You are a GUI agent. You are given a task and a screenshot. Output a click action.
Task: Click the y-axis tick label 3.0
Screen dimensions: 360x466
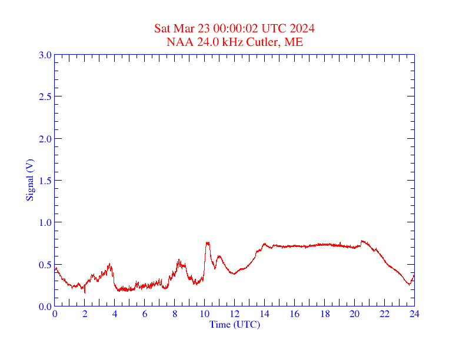click(45, 55)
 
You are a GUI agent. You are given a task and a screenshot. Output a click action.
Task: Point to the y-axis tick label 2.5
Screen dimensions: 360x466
click(45, 96)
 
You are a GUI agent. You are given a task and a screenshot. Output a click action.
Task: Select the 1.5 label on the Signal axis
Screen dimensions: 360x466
click(45, 181)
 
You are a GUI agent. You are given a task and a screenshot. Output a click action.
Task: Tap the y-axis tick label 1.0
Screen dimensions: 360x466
click(45, 222)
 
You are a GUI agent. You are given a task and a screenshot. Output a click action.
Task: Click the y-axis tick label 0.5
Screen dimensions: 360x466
click(45, 265)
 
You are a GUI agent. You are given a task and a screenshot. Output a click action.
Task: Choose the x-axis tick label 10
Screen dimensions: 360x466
click(204, 315)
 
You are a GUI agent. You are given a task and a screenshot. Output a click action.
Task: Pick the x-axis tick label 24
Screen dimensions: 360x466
click(414, 315)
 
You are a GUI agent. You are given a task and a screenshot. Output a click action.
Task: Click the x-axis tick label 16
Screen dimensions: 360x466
click(294, 315)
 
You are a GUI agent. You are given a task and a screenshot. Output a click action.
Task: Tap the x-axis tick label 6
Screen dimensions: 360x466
click(145, 315)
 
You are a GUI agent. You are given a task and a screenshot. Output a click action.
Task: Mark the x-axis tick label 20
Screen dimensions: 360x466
click(354, 315)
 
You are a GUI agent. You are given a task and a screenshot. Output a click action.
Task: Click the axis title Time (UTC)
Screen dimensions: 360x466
click(234, 324)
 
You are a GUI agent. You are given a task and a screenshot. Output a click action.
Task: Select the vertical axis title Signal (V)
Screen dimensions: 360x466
click(30, 179)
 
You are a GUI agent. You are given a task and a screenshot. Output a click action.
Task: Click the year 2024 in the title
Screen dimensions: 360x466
click(302, 28)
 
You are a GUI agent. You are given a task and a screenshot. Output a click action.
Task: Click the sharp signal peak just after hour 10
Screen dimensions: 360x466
click(207, 242)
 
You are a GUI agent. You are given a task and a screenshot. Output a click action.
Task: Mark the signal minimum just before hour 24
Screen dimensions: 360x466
click(408, 285)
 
